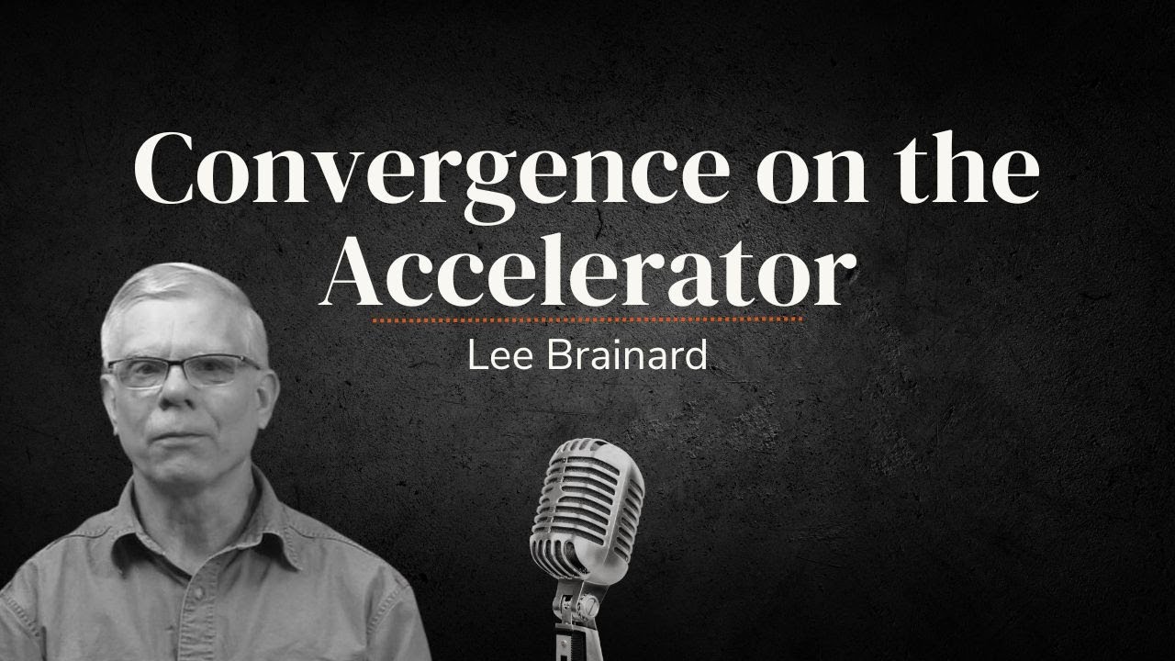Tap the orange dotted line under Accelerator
(587, 320)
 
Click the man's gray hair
(184, 294)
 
